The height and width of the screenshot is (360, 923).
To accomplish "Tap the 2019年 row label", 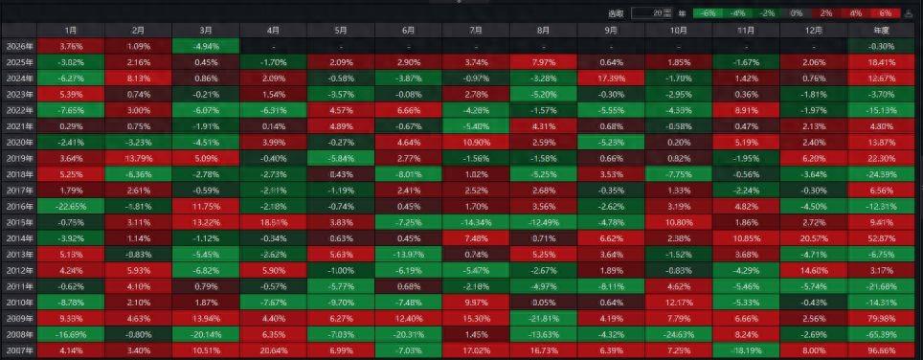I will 19,157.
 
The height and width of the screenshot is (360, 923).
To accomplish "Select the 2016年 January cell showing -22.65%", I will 71,205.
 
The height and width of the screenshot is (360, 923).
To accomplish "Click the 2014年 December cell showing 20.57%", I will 814,236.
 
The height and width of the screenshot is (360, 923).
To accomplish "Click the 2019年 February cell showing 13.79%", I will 138,157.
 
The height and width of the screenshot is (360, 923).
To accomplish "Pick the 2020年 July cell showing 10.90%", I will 476,142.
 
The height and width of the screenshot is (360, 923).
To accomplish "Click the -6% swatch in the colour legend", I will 709,12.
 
